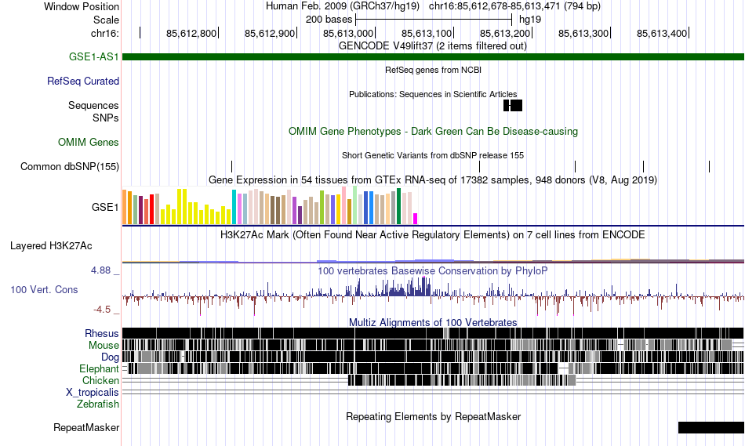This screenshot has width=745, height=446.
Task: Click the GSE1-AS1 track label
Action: (x=93, y=56)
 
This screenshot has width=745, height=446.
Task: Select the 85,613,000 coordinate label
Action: (x=349, y=33)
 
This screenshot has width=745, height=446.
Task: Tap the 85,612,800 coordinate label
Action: (x=192, y=33)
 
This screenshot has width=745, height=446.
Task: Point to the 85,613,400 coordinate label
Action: (x=663, y=33)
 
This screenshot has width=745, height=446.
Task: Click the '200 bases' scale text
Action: (x=329, y=19)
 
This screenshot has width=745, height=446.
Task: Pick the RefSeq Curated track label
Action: (x=83, y=81)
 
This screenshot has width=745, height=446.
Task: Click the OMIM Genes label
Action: (x=89, y=142)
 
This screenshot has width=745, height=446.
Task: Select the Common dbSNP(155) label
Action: (x=70, y=166)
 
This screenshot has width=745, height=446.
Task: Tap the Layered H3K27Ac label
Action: (x=51, y=245)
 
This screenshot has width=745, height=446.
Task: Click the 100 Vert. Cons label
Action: (x=44, y=289)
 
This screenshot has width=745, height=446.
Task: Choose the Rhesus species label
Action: (x=102, y=333)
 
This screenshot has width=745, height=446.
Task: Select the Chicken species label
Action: (x=100, y=380)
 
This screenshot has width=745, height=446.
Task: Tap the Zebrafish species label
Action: (x=98, y=404)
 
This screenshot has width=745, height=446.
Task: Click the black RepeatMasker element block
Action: (x=710, y=427)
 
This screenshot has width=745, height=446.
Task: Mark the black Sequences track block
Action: (x=513, y=105)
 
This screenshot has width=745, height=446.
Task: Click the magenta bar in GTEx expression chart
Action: (x=416, y=218)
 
